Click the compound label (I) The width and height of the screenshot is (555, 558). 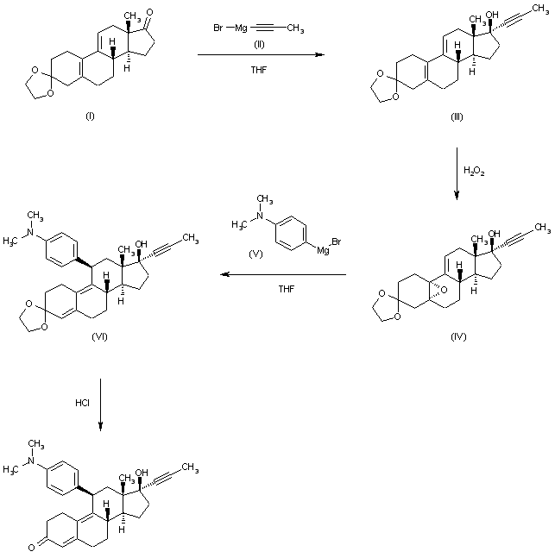[90, 117]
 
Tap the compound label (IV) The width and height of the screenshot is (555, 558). [457, 335]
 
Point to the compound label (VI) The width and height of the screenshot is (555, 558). [99, 335]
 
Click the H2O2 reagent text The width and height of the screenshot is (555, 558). [474, 172]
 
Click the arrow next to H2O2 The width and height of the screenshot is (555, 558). [457, 173]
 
